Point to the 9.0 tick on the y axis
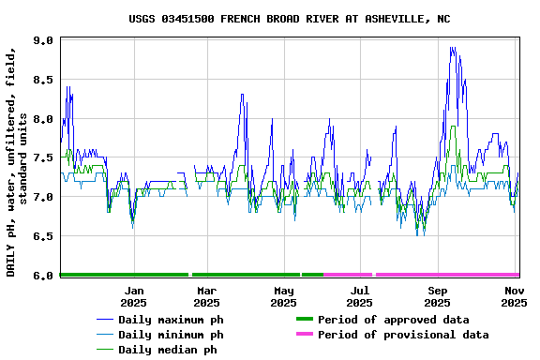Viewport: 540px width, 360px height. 43,40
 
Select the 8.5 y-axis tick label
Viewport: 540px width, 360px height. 43,80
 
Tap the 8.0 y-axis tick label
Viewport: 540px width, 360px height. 43,119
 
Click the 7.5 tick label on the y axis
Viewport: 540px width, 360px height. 43,158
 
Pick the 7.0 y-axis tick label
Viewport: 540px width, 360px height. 43,197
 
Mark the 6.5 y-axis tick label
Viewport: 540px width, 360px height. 43,236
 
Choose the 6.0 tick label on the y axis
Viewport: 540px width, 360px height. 43,276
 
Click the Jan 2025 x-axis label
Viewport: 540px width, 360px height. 133,296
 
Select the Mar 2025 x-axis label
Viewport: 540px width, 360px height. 206,296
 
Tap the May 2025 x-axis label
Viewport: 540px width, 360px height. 283,296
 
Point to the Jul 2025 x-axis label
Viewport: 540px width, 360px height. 359,296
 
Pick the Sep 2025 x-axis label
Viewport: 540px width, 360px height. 437,296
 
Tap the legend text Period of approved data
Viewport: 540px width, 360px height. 393,320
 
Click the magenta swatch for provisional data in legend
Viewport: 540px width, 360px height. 303,335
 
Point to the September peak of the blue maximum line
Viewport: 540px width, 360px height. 452,48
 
